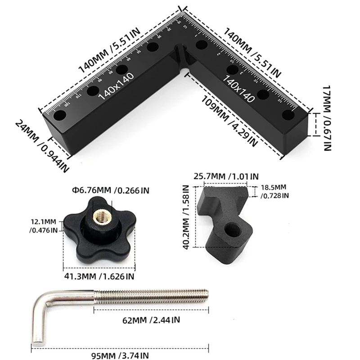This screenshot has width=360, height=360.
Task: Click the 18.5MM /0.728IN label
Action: [x=274, y=190]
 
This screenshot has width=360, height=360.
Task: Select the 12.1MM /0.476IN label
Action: [x=44, y=226]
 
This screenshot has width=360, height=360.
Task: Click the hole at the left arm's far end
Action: [x=58, y=116]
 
